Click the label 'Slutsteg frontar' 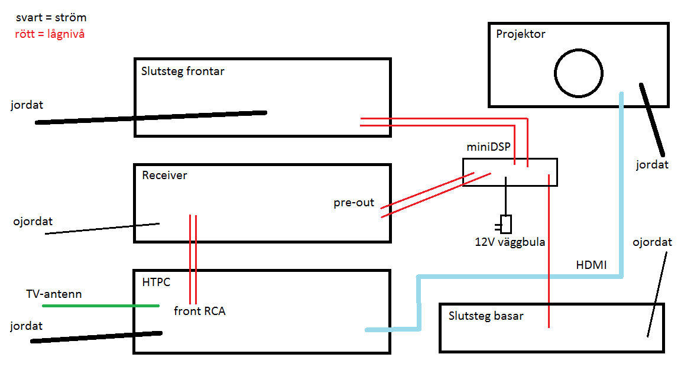coord(183,72)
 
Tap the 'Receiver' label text coord(164,175)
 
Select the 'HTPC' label coord(156,282)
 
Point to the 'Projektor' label coord(520,34)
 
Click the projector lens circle coord(578,73)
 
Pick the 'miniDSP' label coord(488,147)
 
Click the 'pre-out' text coord(354,203)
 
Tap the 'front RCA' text coord(199,311)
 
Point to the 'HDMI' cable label coord(591,265)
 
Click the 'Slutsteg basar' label coord(486,316)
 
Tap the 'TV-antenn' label coord(54,294)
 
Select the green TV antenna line coord(100,306)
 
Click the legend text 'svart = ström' coord(51,18)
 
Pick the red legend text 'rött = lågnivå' coord(50,34)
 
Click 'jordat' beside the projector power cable coord(652,164)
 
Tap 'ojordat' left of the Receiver coord(33,222)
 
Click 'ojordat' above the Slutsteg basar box coord(652,242)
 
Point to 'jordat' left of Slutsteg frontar coord(27,105)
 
